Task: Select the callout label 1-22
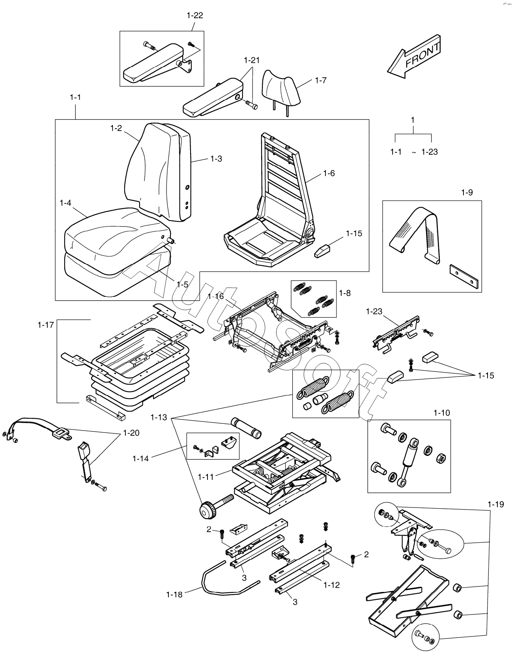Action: coord(194,15)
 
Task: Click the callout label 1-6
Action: coord(329,173)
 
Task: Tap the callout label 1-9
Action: coord(467,193)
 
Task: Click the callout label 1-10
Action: coord(441,413)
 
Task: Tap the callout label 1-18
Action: coord(174,594)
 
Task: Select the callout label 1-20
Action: coord(131,433)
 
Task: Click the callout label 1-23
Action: coord(374,311)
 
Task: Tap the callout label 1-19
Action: coord(495,504)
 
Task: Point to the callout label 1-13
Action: coord(159,417)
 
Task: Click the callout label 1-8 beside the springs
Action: coord(345,293)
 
